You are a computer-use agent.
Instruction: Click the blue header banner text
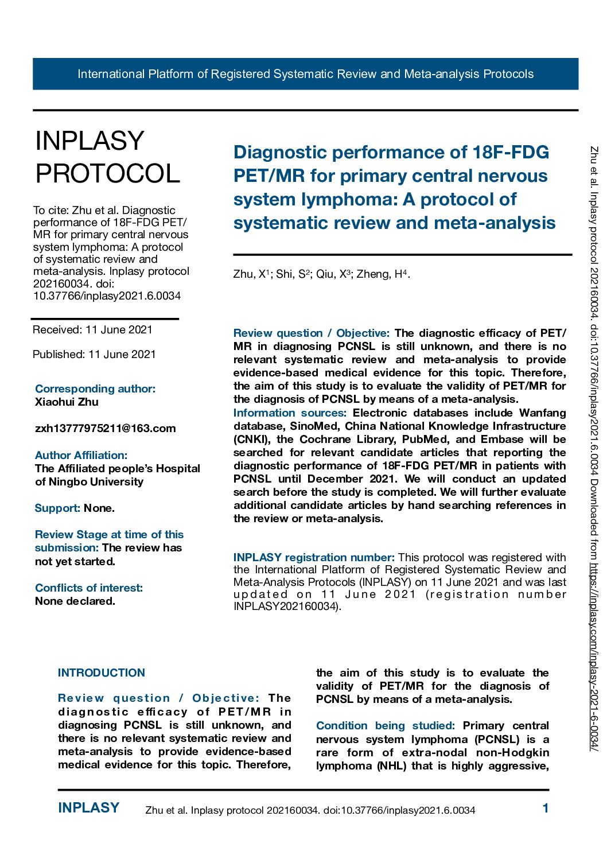(305, 74)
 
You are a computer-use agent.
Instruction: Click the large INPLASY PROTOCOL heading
(108, 157)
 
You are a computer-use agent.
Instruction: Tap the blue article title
(394, 187)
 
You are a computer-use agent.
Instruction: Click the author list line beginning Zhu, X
(321, 274)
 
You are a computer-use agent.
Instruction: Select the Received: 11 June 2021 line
(92, 330)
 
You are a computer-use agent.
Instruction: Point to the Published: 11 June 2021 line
(94, 355)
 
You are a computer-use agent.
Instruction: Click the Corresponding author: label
(95, 389)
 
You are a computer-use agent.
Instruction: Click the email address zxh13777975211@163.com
(106, 429)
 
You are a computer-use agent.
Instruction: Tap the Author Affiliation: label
(81, 456)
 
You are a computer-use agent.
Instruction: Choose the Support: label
(57, 508)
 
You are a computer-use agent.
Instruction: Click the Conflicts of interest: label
(89, 588)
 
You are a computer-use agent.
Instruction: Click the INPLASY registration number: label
(314, 558)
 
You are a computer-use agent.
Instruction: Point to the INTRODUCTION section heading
(102, 673)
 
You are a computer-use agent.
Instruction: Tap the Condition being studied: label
(386, 726)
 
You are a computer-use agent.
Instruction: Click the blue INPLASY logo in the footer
(89, 808)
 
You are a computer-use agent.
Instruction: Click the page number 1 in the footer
(546, 809)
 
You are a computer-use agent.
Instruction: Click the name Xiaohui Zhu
(67, 402)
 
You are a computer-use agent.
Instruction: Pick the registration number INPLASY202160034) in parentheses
(287, 607)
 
